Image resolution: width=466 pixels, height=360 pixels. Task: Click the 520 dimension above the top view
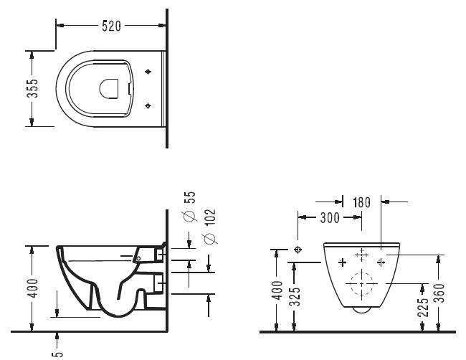click(x=111, y=26)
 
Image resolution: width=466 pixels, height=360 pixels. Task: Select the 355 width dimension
click(x=32, y=88)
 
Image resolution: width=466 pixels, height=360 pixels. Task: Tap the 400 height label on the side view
click(x=32, y=288)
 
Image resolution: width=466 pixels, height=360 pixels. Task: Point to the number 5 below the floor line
click(x=57, y=354)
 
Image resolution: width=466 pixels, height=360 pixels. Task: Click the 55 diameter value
click(x=190, y=197)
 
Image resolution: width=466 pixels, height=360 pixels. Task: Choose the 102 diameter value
click(x=210, y=217)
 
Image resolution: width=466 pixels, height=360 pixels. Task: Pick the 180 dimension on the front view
click(x=361, y=202)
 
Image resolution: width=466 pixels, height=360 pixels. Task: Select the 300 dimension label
click(x=330, y=218)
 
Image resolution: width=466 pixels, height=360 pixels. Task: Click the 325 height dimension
click(x=295, y=296)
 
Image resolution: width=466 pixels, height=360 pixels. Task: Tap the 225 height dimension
click(x=424, y=306)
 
